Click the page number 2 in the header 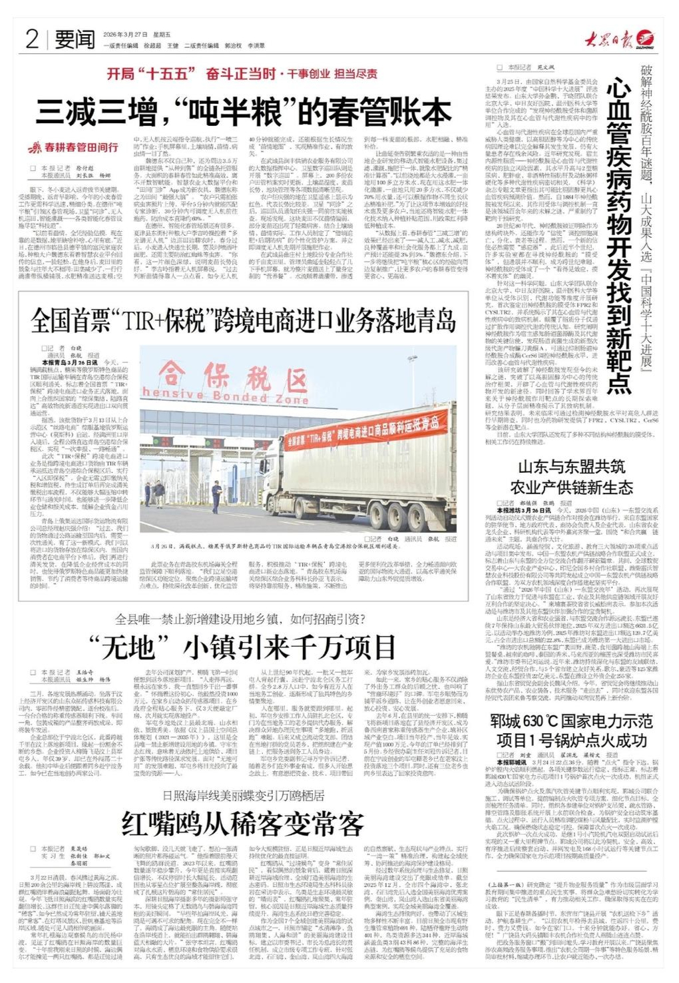[31, 39]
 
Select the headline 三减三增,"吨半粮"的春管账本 [244, 111]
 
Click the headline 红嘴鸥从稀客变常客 [243, 824]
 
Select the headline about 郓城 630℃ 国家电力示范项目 [572, 731]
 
